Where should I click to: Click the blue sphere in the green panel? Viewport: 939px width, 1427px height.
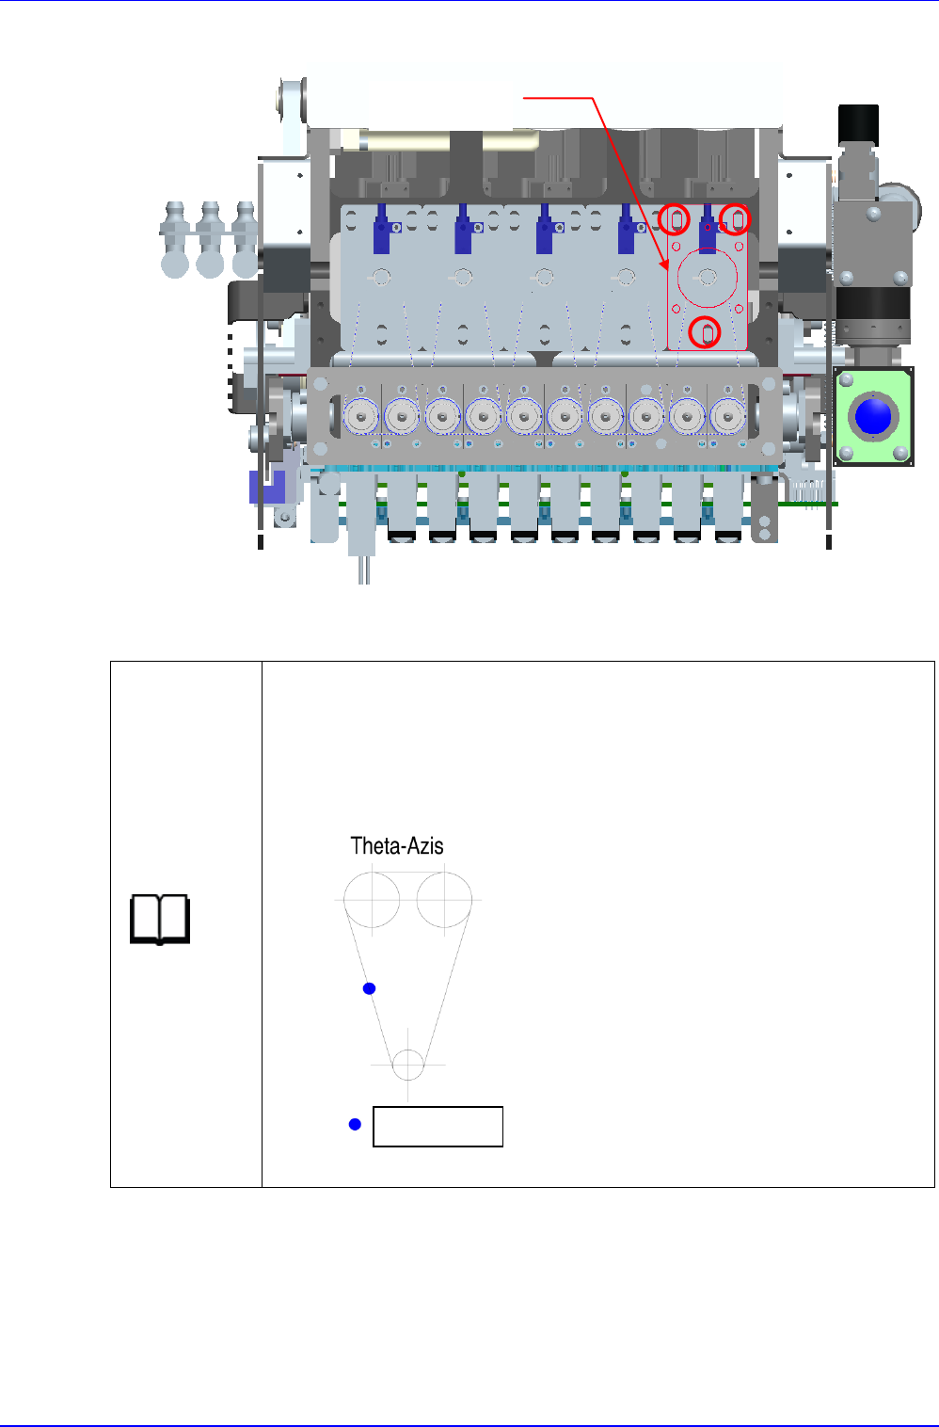[x=873, y=416]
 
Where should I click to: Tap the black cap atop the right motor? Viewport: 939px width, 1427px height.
[x=858, y=123]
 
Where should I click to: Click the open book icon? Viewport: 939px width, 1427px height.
[x=160, y=920]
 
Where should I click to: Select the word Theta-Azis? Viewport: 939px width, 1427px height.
[x=397, y=845]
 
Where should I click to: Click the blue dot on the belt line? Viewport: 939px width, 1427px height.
[x=370, y=988]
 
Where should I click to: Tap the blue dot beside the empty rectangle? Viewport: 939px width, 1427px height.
[x=355, y=1124]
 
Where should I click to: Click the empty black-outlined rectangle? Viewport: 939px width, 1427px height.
[x=438, y=1127]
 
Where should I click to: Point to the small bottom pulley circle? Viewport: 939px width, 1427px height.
[x=407, y=1066]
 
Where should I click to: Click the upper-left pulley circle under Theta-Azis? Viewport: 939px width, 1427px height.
[x=372, y=900]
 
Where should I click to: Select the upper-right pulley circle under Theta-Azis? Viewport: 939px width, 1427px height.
[x=444, y=900]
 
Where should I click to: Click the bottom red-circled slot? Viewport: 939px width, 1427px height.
[x=706, y=332]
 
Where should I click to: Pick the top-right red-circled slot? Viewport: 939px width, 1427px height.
[x=737, y=219]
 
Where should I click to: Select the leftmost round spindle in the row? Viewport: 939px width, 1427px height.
[x=360, y=415]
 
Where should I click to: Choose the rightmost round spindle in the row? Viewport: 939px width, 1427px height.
[x=727, y=415]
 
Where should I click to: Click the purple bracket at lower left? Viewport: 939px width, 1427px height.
[x=267, y=487]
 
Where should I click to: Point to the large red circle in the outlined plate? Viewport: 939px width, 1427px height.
[x=707, y=278]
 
